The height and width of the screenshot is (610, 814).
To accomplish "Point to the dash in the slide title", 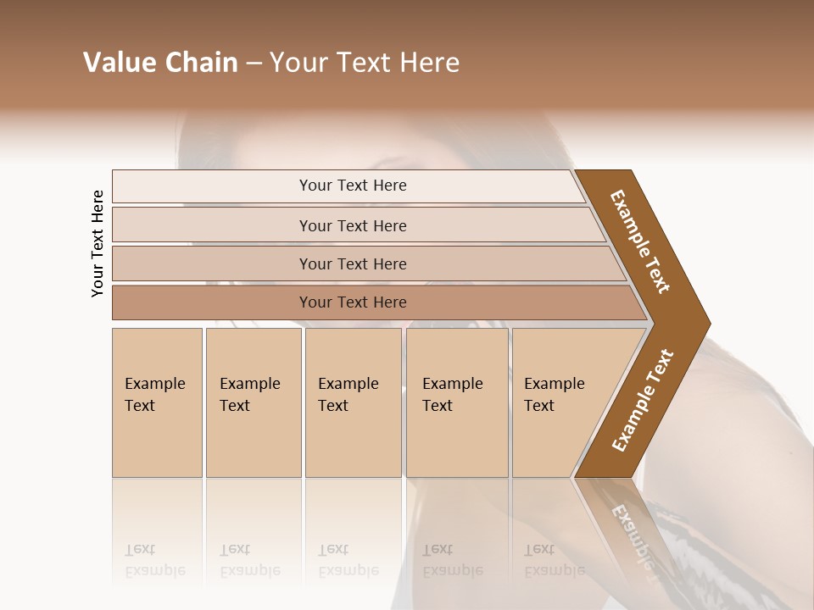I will tap(254, 64).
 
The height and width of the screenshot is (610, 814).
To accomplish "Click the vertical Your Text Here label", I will tap(98, 244).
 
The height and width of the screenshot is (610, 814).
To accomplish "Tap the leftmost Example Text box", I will tap(157, 402).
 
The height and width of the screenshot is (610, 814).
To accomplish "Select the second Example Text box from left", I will tap(254, 402).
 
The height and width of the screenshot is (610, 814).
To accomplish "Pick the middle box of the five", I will tap(353, 402).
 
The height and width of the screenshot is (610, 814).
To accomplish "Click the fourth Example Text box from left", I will tap(457, 402).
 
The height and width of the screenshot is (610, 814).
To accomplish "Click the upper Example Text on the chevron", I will tap(640, 241).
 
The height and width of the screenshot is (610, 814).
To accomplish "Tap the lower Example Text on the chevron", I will tap(642, 401).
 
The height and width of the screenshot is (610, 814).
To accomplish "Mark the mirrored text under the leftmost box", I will tap(155, 560).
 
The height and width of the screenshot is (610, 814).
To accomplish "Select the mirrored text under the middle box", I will tap(348, 560).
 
